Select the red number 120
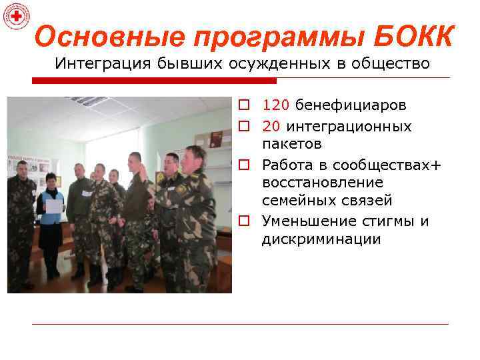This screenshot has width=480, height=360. point(275,105)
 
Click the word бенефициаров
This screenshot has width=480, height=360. point(351,105)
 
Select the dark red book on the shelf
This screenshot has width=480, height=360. point(216,138)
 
